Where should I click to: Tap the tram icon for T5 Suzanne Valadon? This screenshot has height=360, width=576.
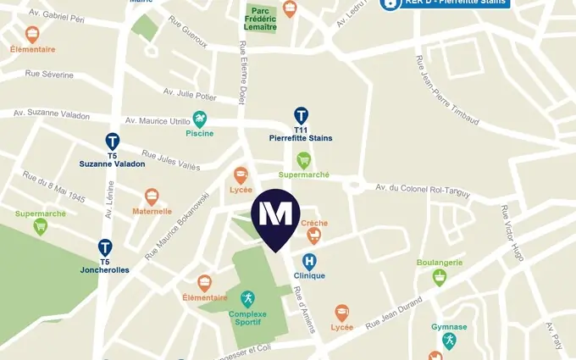click(x=112, y=141)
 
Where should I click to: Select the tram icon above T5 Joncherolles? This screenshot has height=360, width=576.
click(x=105, y=247)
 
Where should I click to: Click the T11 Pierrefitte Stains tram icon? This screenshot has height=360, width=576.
click(x=301, y=115)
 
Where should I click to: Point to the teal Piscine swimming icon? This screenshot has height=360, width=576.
click(x=200, y=119)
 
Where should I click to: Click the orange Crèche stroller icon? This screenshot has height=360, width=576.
click(x=314, y=234)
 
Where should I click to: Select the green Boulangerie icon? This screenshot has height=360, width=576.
click(x=439, y=277)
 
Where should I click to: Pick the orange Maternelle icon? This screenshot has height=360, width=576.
click(x=152, y=197)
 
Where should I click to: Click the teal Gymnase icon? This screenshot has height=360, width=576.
click(x=449, y=341)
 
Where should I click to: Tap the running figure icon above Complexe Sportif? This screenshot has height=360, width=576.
click(x=247, y=299)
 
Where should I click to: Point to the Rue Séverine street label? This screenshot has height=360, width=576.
click(x=49, y=75)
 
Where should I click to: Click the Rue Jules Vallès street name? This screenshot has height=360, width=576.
click(x=170, y=159)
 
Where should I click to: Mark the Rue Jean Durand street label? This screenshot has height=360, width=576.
click(x=393, y=318)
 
